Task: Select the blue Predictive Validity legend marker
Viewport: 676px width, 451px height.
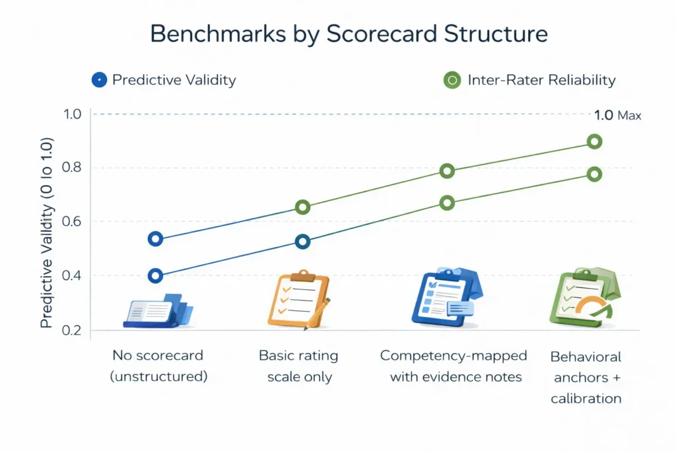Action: (98, 81)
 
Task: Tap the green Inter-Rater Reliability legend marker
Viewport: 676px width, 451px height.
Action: (452, 81)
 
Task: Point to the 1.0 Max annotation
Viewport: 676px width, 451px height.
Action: (617, 116)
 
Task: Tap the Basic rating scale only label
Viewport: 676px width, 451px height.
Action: (298, 366)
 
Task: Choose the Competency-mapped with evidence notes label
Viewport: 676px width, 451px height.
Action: (454, 366)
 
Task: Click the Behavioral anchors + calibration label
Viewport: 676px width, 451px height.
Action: (586, 377)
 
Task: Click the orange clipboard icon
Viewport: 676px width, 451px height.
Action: (294, 299)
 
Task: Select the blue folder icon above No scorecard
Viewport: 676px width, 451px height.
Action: (157, 311)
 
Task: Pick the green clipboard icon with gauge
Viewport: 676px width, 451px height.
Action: (581, 298)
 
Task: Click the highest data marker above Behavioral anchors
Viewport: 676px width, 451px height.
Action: (594, 141)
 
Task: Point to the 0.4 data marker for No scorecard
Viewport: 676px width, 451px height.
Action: (156, 276)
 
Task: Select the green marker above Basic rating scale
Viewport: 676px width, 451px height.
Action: (302, 207)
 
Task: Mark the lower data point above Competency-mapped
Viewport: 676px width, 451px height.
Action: (447, 203)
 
